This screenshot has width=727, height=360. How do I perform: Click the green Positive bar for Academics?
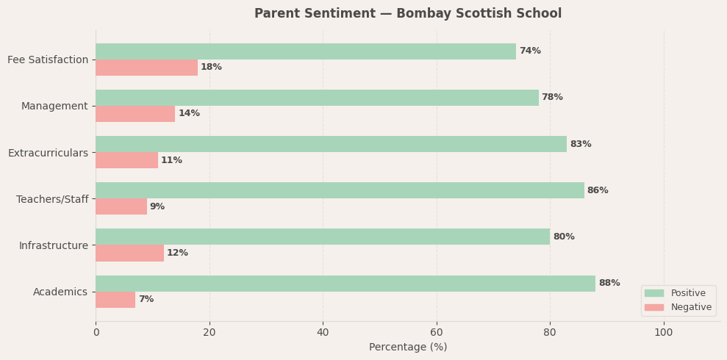click(345, 284)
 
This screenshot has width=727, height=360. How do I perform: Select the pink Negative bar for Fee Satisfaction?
click(146, 68)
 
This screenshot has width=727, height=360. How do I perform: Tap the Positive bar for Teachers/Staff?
click(340, 190)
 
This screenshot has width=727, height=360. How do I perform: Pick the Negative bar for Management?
click(135, 114)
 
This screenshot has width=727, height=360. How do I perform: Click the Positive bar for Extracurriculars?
click(331, 144)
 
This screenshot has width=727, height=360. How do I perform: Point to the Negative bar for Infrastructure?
click(129, 253)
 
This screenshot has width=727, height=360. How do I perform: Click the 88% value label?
click(609, 284)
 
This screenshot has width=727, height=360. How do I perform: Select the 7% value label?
click(146, 300)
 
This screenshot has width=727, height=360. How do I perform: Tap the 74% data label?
click(529, 51)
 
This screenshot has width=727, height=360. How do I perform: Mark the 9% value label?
click(157, 207)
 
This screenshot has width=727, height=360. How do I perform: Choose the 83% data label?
click(580, 145)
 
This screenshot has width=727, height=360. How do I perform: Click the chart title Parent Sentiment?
click(407, 14)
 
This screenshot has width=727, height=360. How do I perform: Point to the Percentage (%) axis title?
click(407, 348)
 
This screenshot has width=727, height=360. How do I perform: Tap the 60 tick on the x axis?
click(437, 333)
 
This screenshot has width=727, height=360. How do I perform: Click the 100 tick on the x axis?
click(663, 333)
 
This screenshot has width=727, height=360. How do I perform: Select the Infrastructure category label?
click(53, 245)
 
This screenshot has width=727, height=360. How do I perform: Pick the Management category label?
click(54, 107)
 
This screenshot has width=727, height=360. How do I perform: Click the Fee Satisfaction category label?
click(48, 60)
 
